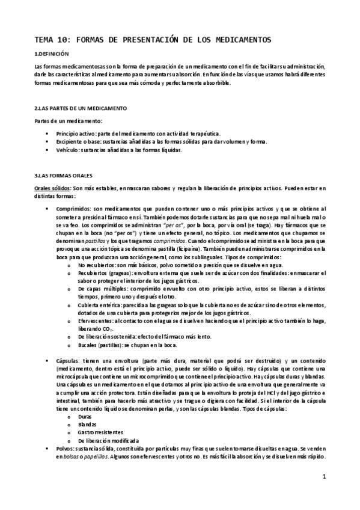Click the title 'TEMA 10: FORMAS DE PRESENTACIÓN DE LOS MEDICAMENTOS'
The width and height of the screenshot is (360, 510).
point(153,40)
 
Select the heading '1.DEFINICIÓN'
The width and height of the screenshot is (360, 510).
point(53,55)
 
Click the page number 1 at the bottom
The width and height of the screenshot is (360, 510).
point(324,477)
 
